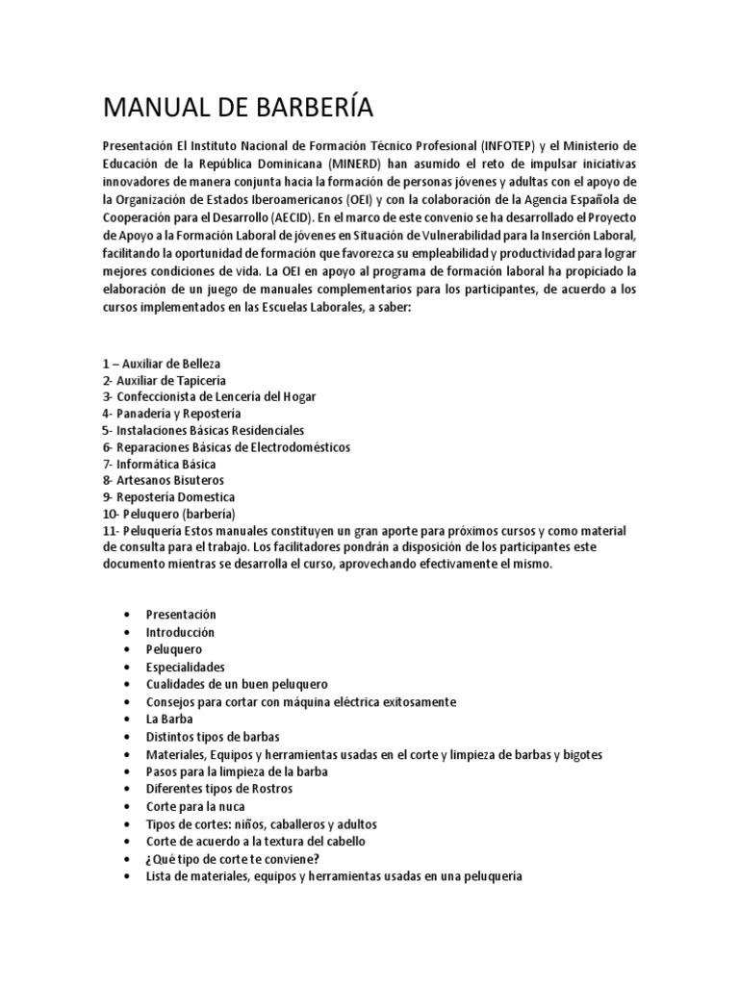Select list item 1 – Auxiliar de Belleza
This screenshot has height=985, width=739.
161,364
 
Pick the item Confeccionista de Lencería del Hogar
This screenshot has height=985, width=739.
209,396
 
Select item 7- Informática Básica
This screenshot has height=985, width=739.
159,464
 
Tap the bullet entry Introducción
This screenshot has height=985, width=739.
180,632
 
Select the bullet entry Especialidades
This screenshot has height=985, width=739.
185,667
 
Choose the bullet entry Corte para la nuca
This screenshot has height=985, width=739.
194,806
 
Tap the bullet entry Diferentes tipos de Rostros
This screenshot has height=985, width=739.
218,789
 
